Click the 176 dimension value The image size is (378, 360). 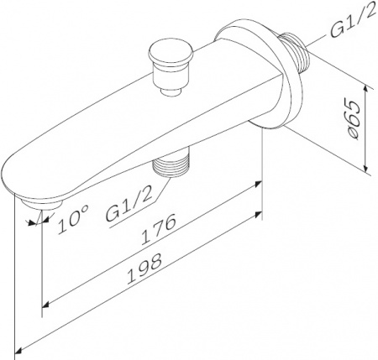[159, 229]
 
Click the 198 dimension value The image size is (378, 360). [144, 269]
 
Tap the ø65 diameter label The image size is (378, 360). [353, 120]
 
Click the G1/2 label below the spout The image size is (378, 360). [129, 203]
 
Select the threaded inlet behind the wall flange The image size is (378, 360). [293, 52]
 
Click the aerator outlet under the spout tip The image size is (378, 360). [42, 205]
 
